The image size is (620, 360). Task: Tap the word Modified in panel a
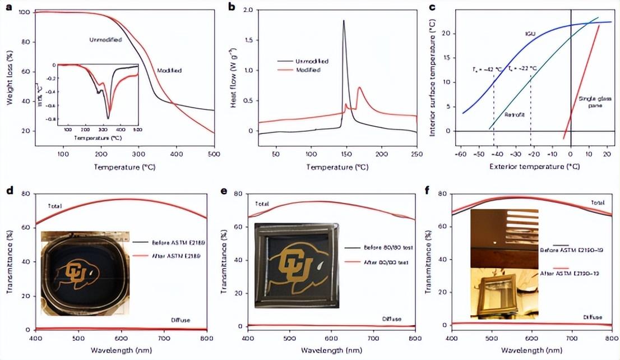click(171, 70)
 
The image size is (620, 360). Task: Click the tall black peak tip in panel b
click(343, 21)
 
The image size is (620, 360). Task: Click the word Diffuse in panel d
click(181, 320)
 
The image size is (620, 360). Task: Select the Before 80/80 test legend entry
click(382, 248)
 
